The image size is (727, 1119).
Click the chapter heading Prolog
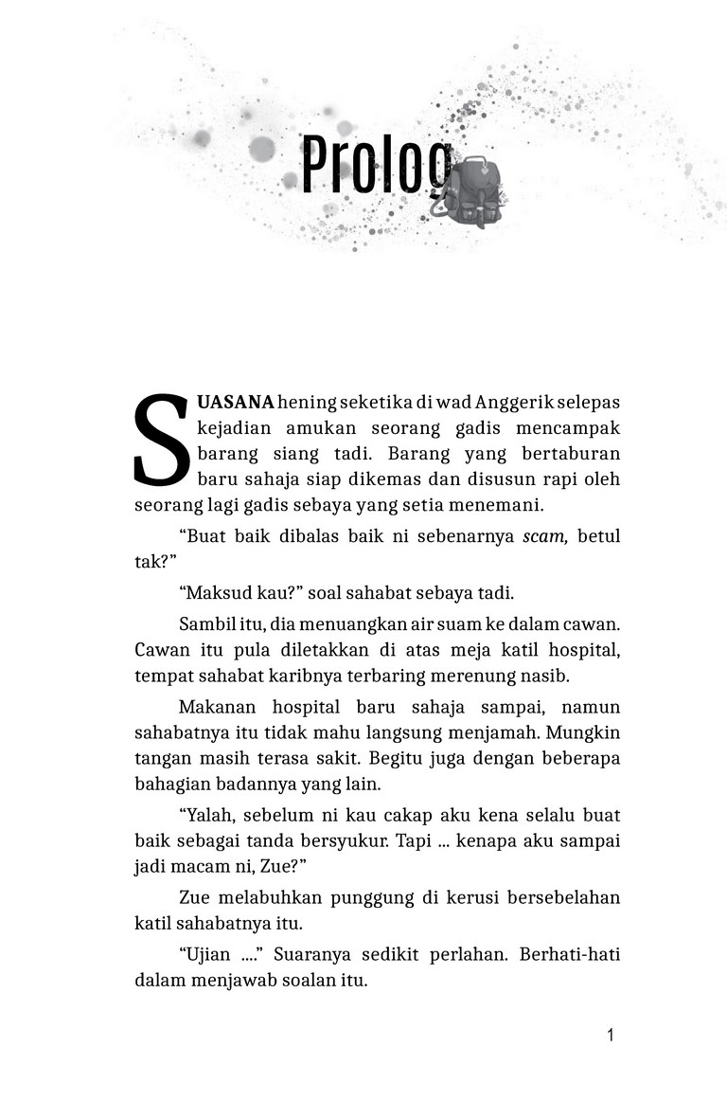point(377,166)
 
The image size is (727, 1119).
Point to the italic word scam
point(545,536)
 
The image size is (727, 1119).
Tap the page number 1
point(611,1035)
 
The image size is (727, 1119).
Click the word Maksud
point(214,593)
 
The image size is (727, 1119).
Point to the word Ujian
point(209,953)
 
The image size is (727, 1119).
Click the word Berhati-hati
point(570,953)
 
